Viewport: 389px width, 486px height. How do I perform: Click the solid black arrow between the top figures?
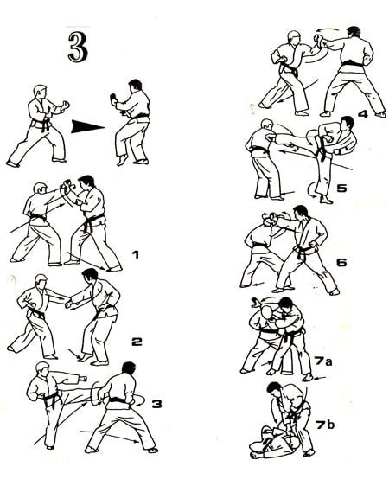88,126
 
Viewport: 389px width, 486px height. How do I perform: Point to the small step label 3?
156,404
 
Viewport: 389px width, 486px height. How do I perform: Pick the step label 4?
363,112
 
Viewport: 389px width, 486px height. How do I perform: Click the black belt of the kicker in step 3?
50,400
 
